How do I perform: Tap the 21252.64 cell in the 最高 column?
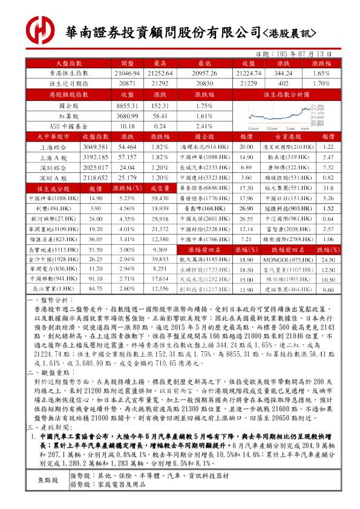click(x=160, y=73)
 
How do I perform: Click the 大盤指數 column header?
click(x=68, y=63)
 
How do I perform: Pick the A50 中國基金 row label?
click(x=68, y=126)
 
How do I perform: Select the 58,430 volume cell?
click(x=160, y=198)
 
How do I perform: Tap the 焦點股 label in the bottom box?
click(x=48, y=481)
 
